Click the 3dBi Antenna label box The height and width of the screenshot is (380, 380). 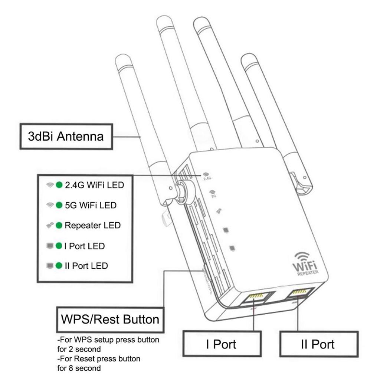[x=66, y=137]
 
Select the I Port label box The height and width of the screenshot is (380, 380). [x=221, y=344]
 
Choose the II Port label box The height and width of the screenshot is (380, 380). [x=318, y=344]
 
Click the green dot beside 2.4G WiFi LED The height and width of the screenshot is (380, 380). [x=59, y=185]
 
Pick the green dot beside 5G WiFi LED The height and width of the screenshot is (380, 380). [x=59, y=205]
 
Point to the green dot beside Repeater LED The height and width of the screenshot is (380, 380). [x=59, y=225]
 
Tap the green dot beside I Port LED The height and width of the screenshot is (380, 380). [x=59, y=246]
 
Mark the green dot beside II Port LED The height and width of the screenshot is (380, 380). [x=59, y=266]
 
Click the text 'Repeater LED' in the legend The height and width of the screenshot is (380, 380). [x=92, y=225]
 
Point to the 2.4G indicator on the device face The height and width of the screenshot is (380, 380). [x=207, y=176]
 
